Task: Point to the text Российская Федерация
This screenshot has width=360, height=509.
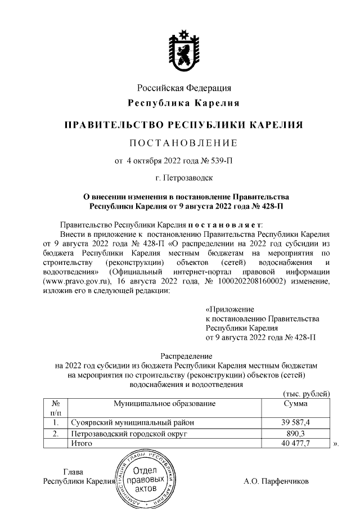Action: (184, 88)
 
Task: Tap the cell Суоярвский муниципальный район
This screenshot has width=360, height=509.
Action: (130, 422)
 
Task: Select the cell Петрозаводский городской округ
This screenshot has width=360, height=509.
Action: (128, 434)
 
